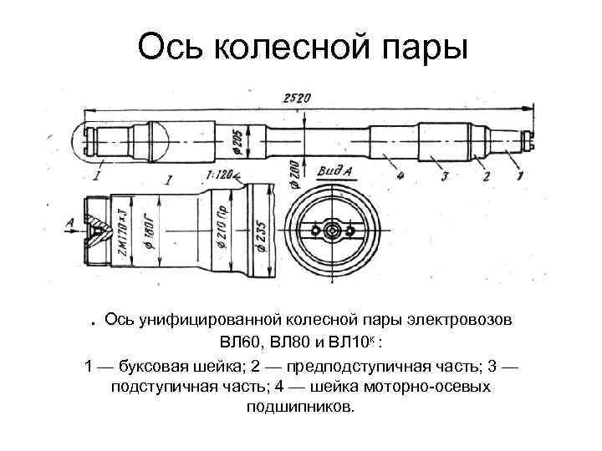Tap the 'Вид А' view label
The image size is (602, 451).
click(x=334, y=173)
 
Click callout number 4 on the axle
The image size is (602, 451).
click(x=401, y=175)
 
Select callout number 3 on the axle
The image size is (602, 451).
click(x=444, y=175)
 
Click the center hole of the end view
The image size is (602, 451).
click(x=333, y=228)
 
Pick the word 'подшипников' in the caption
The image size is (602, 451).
click(x=300, y=408)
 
